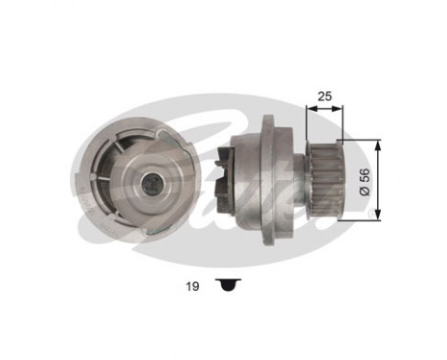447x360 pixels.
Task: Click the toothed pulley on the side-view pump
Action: [323, 179]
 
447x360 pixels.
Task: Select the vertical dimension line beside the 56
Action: [382, 179]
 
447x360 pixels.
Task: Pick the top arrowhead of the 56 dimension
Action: [382, 144]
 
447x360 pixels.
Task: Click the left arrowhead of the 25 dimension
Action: [308, 108]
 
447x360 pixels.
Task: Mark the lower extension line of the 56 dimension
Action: [359, 217]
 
